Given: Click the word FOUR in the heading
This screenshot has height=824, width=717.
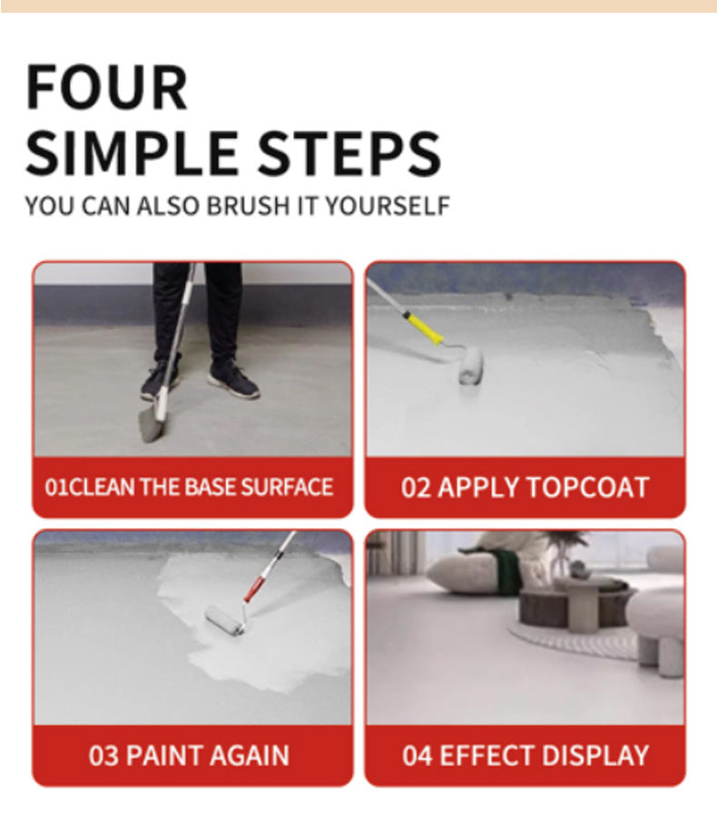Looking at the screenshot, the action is [x=106, y=87].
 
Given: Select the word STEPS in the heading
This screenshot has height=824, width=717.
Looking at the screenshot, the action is [x=349, y=153].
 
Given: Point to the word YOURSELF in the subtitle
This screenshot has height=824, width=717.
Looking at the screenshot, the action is [x=388, y=205].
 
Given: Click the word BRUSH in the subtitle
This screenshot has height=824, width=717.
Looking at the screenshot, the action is [x=248, y=205].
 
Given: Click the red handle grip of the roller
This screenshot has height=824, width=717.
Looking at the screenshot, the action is [x=254, y=588].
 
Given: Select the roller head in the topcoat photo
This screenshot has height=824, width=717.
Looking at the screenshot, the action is [x=470, y=365].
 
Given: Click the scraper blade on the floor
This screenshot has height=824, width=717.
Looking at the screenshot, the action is [x=151, y=425].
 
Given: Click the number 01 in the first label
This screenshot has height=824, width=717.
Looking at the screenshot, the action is [x=57, y=487].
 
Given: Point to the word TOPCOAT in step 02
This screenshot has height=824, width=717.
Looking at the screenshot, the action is [x=587, y=487].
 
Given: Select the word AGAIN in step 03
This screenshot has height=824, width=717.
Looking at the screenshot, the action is [x=250, y=755].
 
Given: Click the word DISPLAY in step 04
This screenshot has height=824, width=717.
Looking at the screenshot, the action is [x=595, y=755].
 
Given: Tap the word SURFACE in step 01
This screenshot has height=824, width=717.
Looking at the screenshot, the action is [x=287, y=487].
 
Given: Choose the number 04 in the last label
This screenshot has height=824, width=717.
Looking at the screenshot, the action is [x=417, y=755].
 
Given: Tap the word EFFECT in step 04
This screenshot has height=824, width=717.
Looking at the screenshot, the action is [x=486, y=755].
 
